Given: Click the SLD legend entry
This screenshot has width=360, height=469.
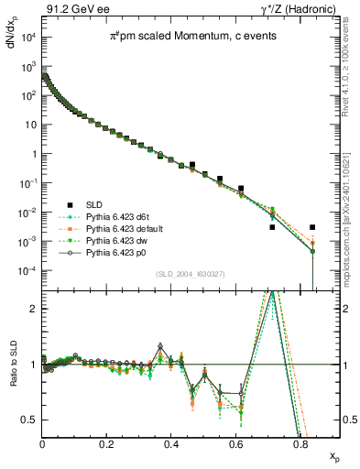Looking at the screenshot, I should [93, 203].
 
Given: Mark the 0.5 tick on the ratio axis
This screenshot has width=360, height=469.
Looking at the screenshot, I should [32, 420].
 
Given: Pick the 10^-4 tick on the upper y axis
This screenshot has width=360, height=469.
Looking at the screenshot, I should [27, 271].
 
